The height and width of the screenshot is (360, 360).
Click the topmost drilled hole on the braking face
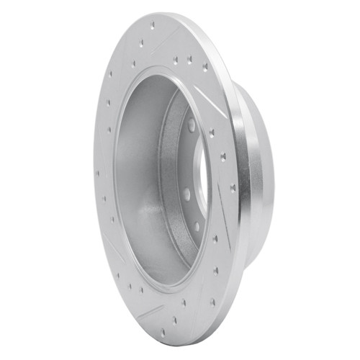(152, 26)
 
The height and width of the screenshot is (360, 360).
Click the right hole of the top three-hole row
(204, 66)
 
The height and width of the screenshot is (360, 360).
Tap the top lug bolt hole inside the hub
(192, 127)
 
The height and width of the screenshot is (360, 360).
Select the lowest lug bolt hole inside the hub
(196, 226)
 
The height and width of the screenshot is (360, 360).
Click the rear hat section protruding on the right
(259, 173)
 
